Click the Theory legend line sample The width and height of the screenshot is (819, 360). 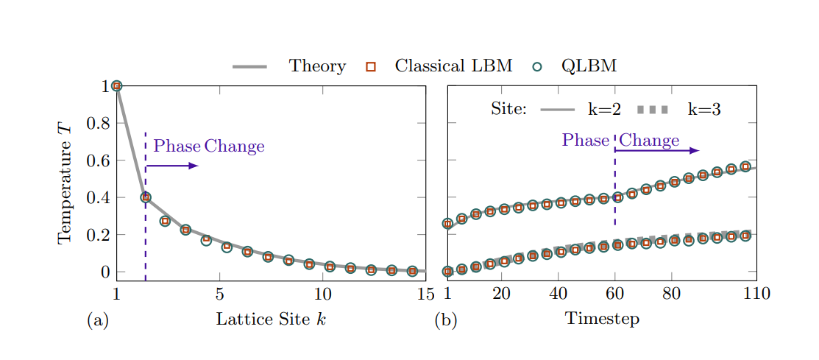click(249, 67)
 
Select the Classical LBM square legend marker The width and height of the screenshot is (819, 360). click(371, 67)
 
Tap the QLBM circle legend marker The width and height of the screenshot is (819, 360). click(537, 67)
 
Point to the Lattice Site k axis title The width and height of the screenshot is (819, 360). click(271, 319)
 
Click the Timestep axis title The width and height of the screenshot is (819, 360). click(602, 319)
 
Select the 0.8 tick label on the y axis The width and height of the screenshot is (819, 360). click(99, 123)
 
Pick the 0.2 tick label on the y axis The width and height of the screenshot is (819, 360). click(99, 235)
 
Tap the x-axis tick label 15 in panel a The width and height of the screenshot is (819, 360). click(425, 294)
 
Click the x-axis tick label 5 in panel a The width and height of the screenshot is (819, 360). click(219, 294)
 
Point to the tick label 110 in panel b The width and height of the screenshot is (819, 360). click(756, 294)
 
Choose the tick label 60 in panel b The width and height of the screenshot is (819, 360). click(615, 294)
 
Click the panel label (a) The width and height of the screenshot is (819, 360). click(98, 320)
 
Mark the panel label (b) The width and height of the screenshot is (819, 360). click(446, 320)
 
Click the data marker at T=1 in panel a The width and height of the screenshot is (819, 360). click(116, 86)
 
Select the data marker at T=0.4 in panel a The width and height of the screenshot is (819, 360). click(146, 197)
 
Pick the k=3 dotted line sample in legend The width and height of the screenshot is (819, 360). click(653, 110)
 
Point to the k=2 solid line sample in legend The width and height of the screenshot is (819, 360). click(557, 110)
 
